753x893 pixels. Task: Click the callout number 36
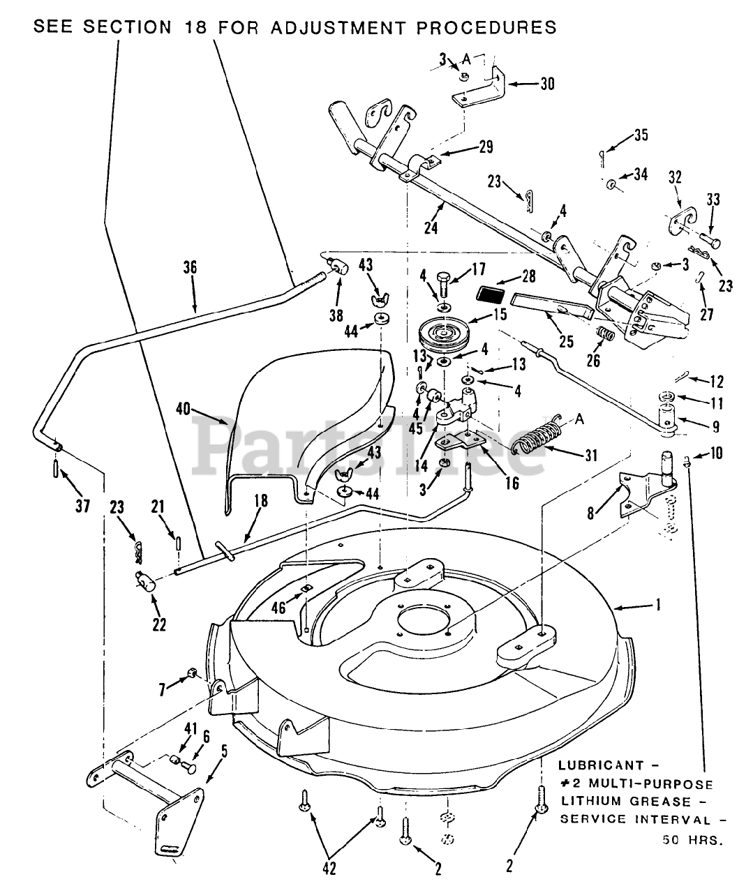pyautogui.click(x=190, y=267)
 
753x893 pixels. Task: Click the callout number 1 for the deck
pyautogui.click(x=655, y=605)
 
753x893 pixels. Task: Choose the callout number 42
pyautogui.click(x=329, y=869)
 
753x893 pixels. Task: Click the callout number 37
pyautogui.click(x=82, y=506)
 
